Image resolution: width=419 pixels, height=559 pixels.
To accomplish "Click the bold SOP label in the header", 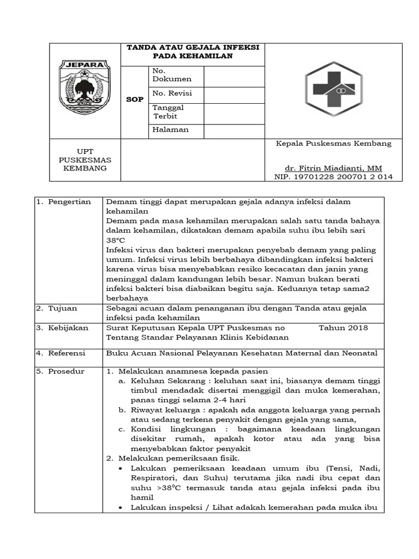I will point(135,99).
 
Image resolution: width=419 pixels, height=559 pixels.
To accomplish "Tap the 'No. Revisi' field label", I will point(172,93).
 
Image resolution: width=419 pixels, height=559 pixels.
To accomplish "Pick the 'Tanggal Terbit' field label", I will point(168,112).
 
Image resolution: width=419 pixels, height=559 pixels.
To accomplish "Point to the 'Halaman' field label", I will point(171,130).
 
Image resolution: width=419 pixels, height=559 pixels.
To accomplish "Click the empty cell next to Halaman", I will point(235,131).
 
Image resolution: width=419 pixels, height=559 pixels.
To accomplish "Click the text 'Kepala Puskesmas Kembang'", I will point(334,144).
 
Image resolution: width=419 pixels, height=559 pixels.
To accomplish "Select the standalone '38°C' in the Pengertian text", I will point(116,240).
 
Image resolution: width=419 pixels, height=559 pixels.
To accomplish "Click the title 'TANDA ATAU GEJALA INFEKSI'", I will point(193,47).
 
